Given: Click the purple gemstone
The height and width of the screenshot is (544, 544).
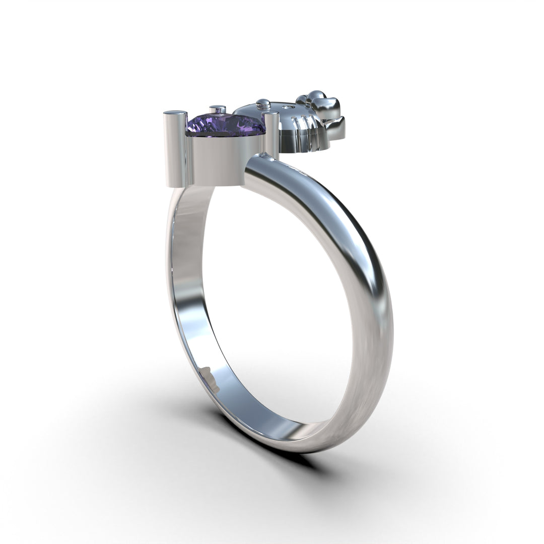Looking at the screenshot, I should [226, 124].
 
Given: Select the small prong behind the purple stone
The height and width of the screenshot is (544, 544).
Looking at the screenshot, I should [218, 110].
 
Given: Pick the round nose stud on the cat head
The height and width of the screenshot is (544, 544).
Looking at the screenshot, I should [263, 105].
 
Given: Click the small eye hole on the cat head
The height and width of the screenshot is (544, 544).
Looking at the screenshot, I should [289, 107].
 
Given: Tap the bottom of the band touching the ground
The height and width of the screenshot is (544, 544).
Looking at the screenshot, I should [302, 443].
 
